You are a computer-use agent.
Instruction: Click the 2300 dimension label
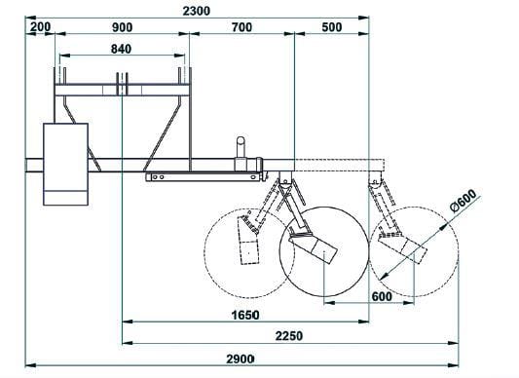(x=197, y=11)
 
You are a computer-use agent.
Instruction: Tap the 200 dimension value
(x=40, y=27)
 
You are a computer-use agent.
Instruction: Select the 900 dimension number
(x=122, y=27)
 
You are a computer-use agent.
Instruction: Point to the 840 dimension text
(x=121, y=49)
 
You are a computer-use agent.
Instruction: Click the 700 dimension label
(x=241, y=27)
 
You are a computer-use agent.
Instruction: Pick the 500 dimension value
(x=332, y=27)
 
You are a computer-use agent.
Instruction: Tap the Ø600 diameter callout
(x=463, y=200)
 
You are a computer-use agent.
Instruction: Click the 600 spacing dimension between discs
(x=382, y=296)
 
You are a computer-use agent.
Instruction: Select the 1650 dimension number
(x=245, y=315)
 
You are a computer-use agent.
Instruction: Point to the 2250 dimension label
(x=289, y=336)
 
